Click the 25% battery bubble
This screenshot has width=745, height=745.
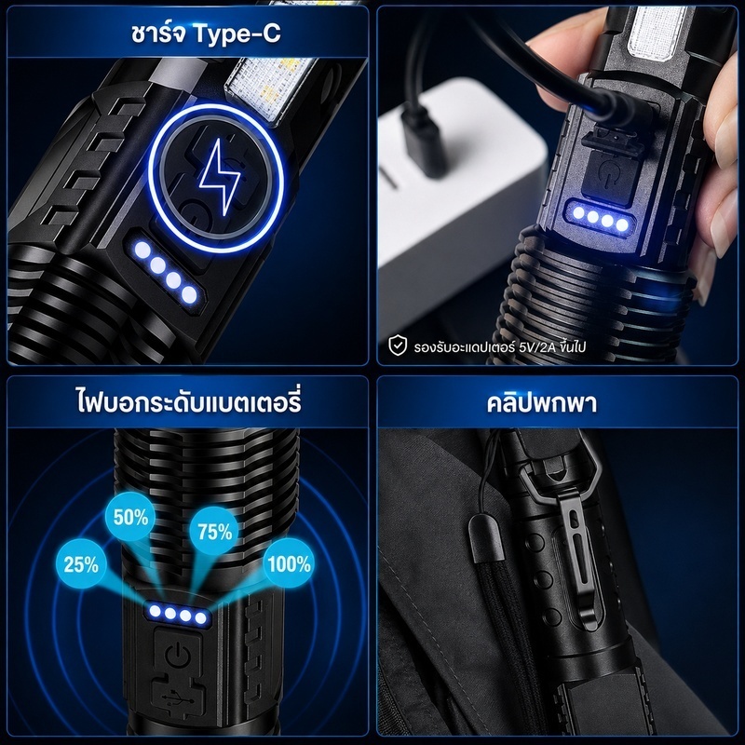[81, 564]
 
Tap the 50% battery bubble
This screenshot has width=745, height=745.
[130, 517]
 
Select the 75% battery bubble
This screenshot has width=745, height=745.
[215, 531]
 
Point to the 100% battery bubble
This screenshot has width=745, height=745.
[289, 563]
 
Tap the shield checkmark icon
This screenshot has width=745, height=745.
[398, 345]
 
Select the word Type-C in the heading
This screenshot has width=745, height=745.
[237, 34]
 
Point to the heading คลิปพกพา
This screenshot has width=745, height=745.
[542, 403]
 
